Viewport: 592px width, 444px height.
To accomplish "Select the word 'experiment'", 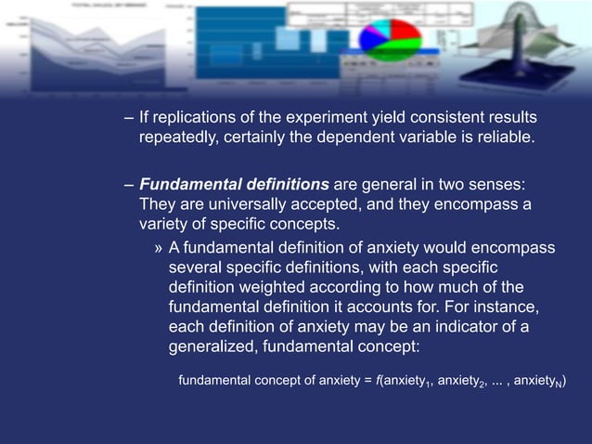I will tap(301, 120).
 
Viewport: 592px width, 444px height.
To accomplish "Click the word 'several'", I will tap(196, 268).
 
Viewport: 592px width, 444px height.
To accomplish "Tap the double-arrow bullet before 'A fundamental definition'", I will tap(159, 248).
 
